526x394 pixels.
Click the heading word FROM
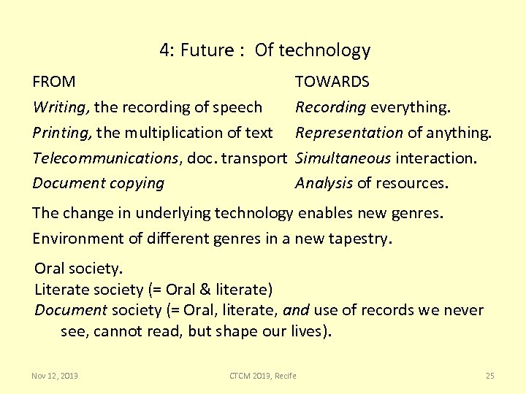pyautogui.click(x=54, y=82)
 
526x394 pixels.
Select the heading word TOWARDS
pyautogui.click(x=332, y=82)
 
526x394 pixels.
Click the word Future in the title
pyautogui.click(x=204, y=50)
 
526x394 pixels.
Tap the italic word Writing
pyautogui.click(x=61, y=107)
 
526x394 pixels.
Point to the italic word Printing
pyautogui.click(x=61, y=133)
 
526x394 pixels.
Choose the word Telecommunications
pyautogui.click(x=106, y=158)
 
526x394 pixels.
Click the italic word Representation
pyautogui.click(x=348, y=133)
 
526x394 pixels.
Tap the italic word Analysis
pyautogui.click(x=324, y=183)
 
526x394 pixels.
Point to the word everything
pyautogui.click(x=411, y=107)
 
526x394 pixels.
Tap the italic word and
pyautogui.click(x=296, y=310)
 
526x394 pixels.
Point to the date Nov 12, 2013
pyautogui.click(x=55, y=376)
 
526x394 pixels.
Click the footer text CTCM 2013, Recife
pyautogui.click(x=263, y=376)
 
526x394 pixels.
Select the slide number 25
pyautogui.click(x=489, y=376)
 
